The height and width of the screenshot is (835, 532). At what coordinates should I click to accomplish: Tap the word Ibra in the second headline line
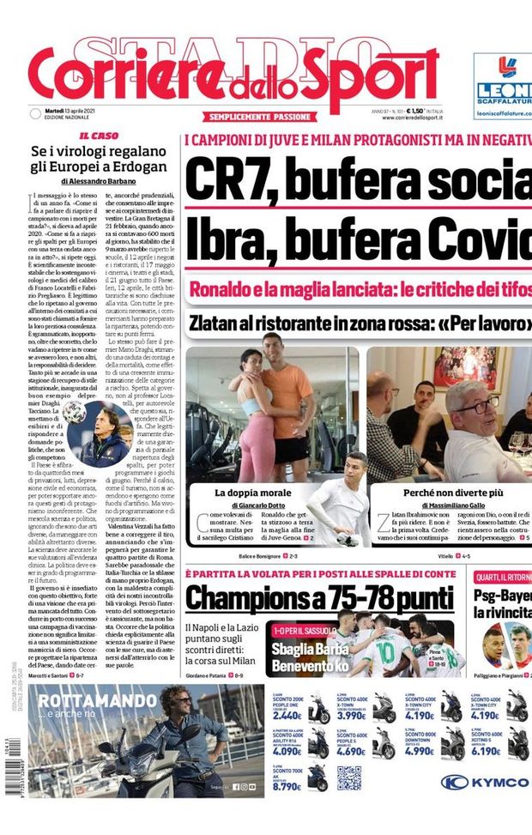tap(227, 236)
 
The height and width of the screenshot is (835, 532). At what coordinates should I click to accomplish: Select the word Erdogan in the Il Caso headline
tap(137, 166)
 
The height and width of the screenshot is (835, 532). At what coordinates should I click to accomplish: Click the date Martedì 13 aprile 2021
tap(71, 111)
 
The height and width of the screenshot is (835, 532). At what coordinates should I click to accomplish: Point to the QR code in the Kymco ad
tap(348, 778)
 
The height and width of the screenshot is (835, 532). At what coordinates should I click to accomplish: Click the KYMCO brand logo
tap(485, 782)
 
